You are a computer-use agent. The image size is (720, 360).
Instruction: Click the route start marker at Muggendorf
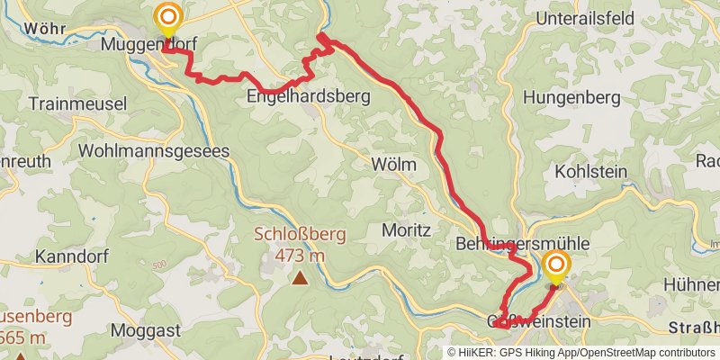[167, 17]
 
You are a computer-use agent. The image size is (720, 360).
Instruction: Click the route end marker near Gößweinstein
[556, 265]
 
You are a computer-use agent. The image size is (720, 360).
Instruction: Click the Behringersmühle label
[522, 243]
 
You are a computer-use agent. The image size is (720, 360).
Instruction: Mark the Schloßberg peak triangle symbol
[299, 278]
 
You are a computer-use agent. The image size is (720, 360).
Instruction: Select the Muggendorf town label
[148, 43]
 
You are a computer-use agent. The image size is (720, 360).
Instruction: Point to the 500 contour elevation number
[159, 265]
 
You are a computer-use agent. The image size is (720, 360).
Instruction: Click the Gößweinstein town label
[538, 321]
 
